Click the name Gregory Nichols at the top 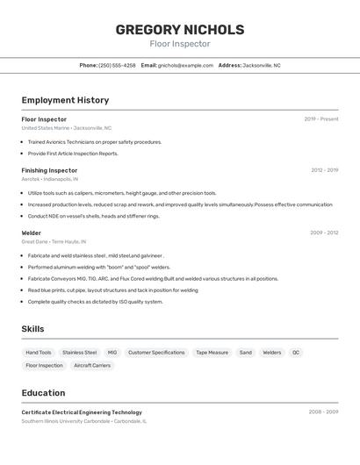180,29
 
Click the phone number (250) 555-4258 117,65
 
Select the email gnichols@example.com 185,65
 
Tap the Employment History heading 65,100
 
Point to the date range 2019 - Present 321,118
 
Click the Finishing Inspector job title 49,170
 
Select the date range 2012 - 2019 324,170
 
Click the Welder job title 32,232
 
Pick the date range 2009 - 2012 324,232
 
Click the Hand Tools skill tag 39,353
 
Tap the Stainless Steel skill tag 80,353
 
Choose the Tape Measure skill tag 212,353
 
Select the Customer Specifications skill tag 156,353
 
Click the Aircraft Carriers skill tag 92,365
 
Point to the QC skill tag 296,353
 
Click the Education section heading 44,392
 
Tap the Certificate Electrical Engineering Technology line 82,411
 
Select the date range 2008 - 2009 323,411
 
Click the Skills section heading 33,329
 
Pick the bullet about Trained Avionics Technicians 95,141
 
